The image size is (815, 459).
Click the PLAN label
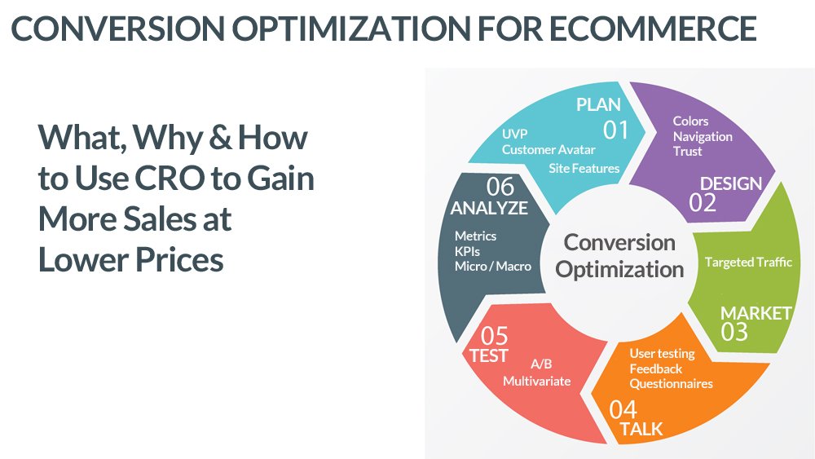coord(598,104)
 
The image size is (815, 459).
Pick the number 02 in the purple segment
coord(703,203)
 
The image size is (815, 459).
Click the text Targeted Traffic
coord(748,263)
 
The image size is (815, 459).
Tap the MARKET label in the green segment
coord(756,313)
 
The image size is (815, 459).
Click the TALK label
coord(641,429)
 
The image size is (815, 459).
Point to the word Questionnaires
coord(671,383)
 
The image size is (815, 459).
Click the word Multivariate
coord(536,381)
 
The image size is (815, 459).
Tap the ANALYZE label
coord(489,208)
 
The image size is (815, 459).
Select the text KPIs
coord(469,251)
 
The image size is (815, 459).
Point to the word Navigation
coord(703,136)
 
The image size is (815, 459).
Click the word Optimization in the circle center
coord(619,269)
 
